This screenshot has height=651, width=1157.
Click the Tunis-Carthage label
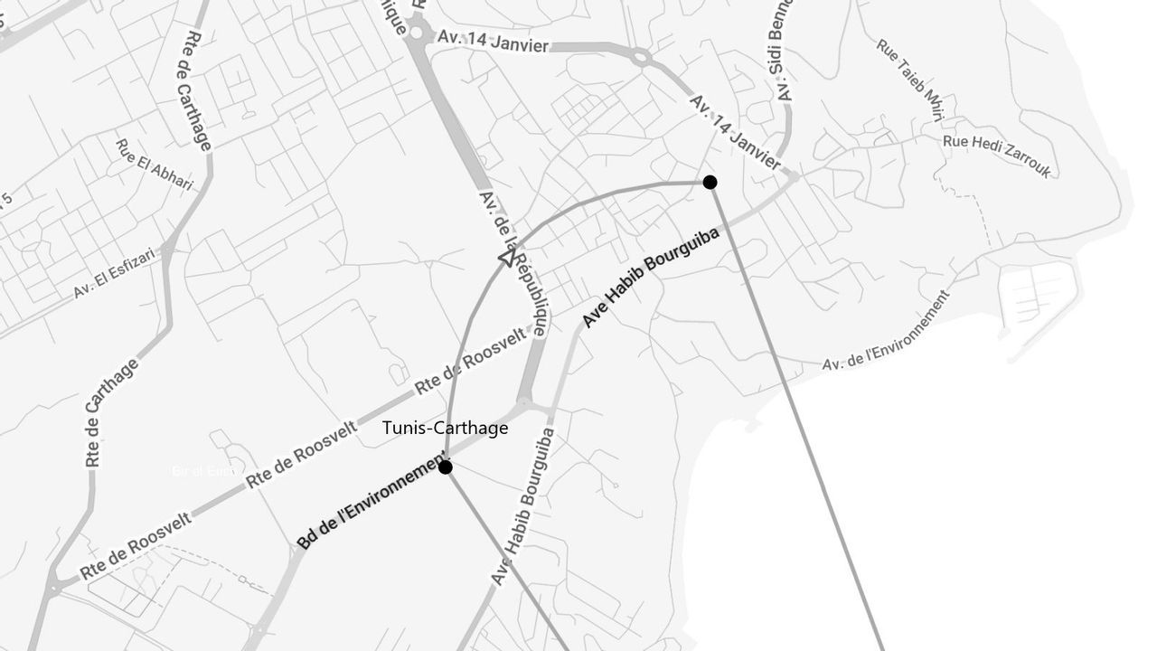[445, 429]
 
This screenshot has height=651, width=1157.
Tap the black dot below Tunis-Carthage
[445, 467]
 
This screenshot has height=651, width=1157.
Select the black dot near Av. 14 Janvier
[710, 182]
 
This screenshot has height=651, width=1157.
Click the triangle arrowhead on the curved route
[506, 259]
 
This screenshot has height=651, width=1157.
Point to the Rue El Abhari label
[155, 165]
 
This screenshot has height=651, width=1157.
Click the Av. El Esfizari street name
[115, 274]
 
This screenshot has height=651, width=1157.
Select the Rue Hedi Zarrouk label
[997, 156]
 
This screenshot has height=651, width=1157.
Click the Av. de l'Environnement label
[886, 331]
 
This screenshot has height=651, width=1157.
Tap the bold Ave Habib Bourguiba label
[651, 278]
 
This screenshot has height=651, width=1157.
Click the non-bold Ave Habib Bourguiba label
[522, 506]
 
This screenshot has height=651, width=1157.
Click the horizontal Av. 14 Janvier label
[493, 41]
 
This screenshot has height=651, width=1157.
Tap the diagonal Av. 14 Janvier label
[735, 132]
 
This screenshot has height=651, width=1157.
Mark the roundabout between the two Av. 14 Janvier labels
[642, 59]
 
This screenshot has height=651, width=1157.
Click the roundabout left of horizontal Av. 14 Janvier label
[417, 33]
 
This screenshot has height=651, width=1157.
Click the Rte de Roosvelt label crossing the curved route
[470, 362]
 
